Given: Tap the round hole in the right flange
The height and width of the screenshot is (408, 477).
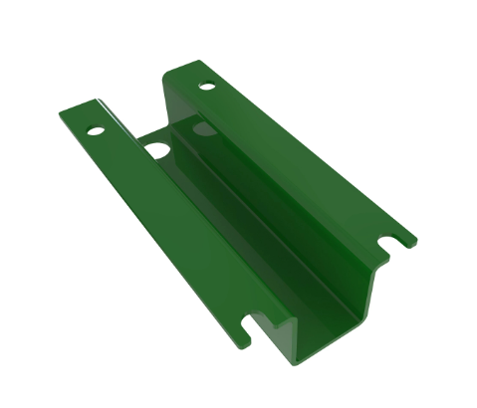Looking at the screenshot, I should [207, 87].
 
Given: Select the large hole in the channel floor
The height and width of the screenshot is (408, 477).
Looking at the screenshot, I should [158, 150].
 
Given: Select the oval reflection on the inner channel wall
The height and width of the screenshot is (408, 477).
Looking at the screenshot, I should [203, 129].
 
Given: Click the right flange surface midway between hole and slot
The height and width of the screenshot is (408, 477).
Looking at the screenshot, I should [299, 159].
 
